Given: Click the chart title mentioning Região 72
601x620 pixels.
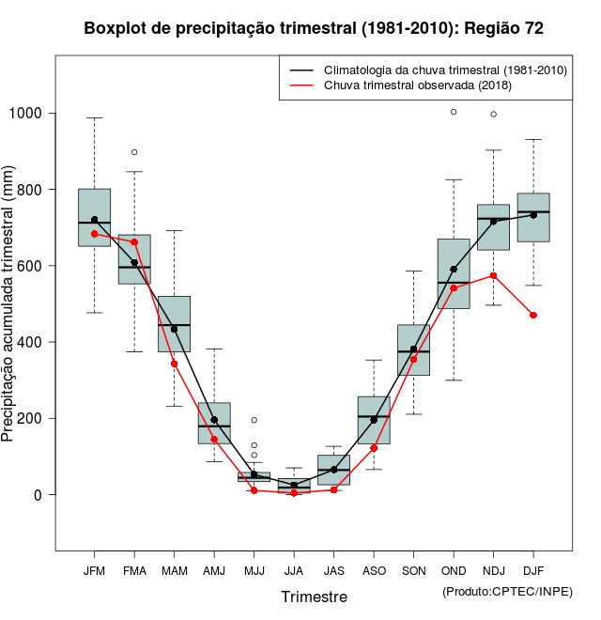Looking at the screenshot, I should [x=314, y=28].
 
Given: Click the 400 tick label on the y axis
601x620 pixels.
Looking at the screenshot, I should [x=32, y=342].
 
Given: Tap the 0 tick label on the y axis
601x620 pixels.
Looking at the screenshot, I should [x=39, y=494].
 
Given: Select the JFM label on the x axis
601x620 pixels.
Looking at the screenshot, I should [x=94, y=571].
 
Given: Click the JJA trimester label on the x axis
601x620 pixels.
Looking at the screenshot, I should [x=294, y=571].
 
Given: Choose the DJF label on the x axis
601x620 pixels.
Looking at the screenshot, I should [x=533, y=571].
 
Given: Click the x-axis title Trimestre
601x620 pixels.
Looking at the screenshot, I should [x=314, y=597].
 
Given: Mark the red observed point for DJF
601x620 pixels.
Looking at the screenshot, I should [x=533, y=315].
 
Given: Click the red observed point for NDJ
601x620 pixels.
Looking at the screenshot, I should [x=493, y=275].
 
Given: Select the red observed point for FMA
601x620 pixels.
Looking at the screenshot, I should [x=134, y=242].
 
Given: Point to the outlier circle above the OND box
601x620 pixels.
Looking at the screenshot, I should [x=454, y=112].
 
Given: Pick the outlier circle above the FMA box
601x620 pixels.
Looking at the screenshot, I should [x=134, y=152].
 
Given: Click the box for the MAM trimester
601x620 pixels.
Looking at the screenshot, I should [x=174, y=324].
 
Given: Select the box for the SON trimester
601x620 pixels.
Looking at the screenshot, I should [x=413, y=349].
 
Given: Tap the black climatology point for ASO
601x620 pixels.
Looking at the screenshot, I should [x=374, y=420].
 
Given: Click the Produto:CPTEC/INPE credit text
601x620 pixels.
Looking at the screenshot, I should [x=506, y=591].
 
